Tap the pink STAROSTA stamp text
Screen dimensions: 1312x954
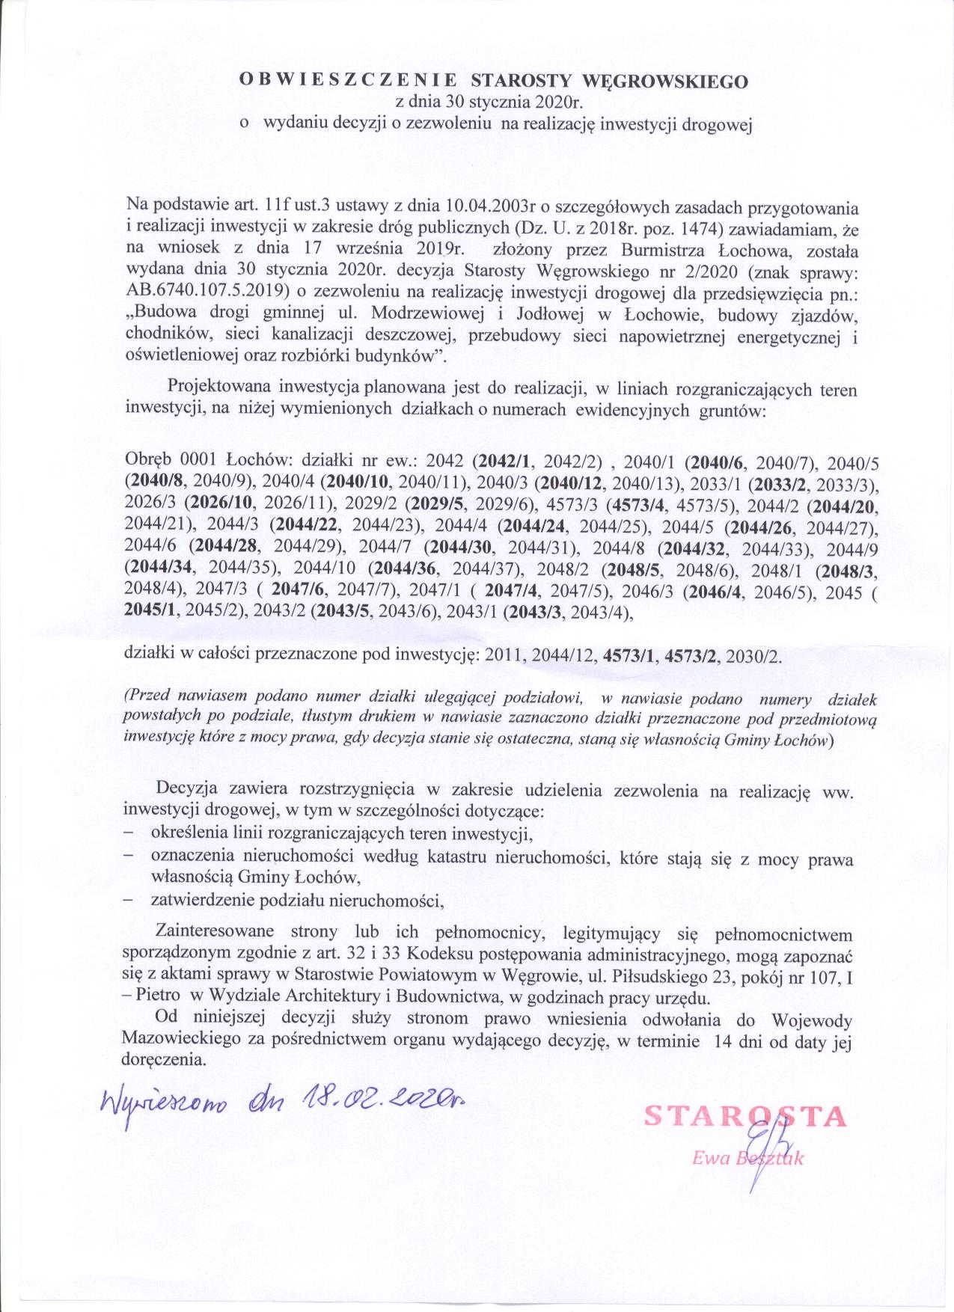point(744,1116)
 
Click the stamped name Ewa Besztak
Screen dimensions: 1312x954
point(747,1158)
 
